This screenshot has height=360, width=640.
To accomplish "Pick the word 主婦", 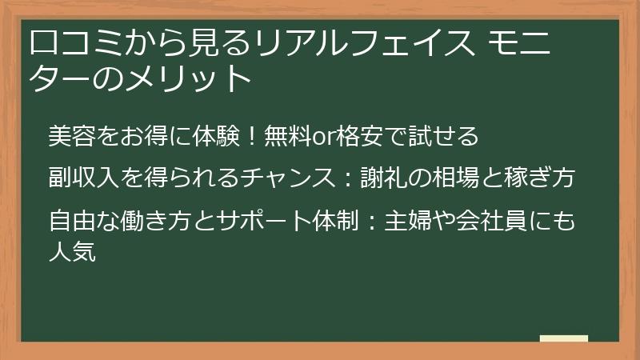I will pos(409,219).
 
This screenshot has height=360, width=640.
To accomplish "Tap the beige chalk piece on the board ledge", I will pos(563,338).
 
